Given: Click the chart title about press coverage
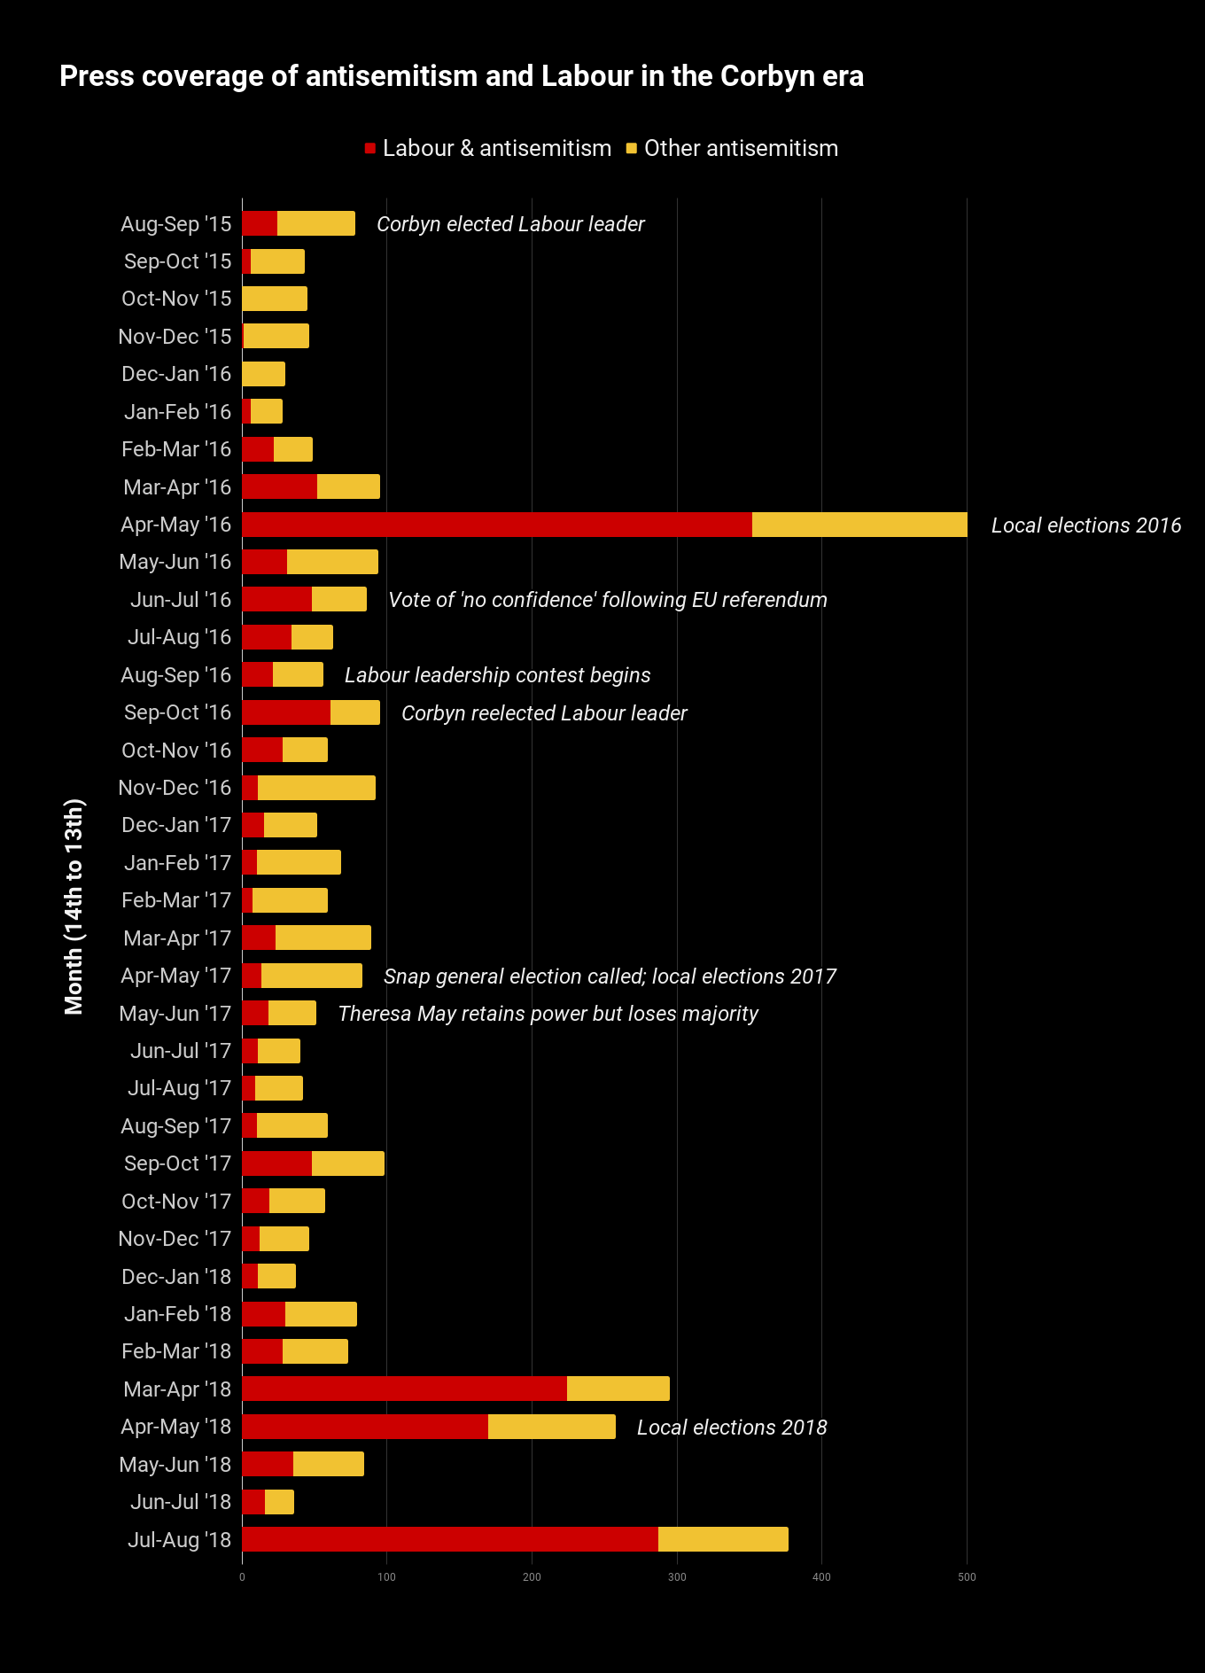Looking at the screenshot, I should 461,76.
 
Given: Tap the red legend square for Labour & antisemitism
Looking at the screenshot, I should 370,148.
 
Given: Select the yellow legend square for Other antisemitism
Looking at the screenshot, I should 632,148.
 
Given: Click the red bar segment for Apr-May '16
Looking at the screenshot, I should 496,525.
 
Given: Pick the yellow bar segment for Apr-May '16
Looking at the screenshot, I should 859,525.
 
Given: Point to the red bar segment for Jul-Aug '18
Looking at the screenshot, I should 449,1539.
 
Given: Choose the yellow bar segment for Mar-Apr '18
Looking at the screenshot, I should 618,1389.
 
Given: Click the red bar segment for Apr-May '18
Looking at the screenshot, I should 364,1427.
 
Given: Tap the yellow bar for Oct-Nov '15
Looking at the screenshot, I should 275,299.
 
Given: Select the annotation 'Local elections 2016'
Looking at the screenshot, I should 1085,525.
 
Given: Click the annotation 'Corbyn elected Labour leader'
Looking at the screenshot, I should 510,224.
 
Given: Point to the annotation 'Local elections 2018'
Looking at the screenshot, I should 732,1428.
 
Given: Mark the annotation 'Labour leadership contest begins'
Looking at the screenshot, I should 497,675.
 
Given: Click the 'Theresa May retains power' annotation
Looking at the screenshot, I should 548,1014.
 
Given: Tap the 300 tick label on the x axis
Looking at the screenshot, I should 677,1577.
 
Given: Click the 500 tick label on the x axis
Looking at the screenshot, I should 967,1577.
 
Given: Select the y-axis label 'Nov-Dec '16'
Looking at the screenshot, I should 175,788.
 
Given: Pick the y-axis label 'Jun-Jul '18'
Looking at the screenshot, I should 181,1502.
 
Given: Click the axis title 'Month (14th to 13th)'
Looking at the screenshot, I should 74,907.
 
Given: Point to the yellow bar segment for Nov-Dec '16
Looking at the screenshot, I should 316,788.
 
